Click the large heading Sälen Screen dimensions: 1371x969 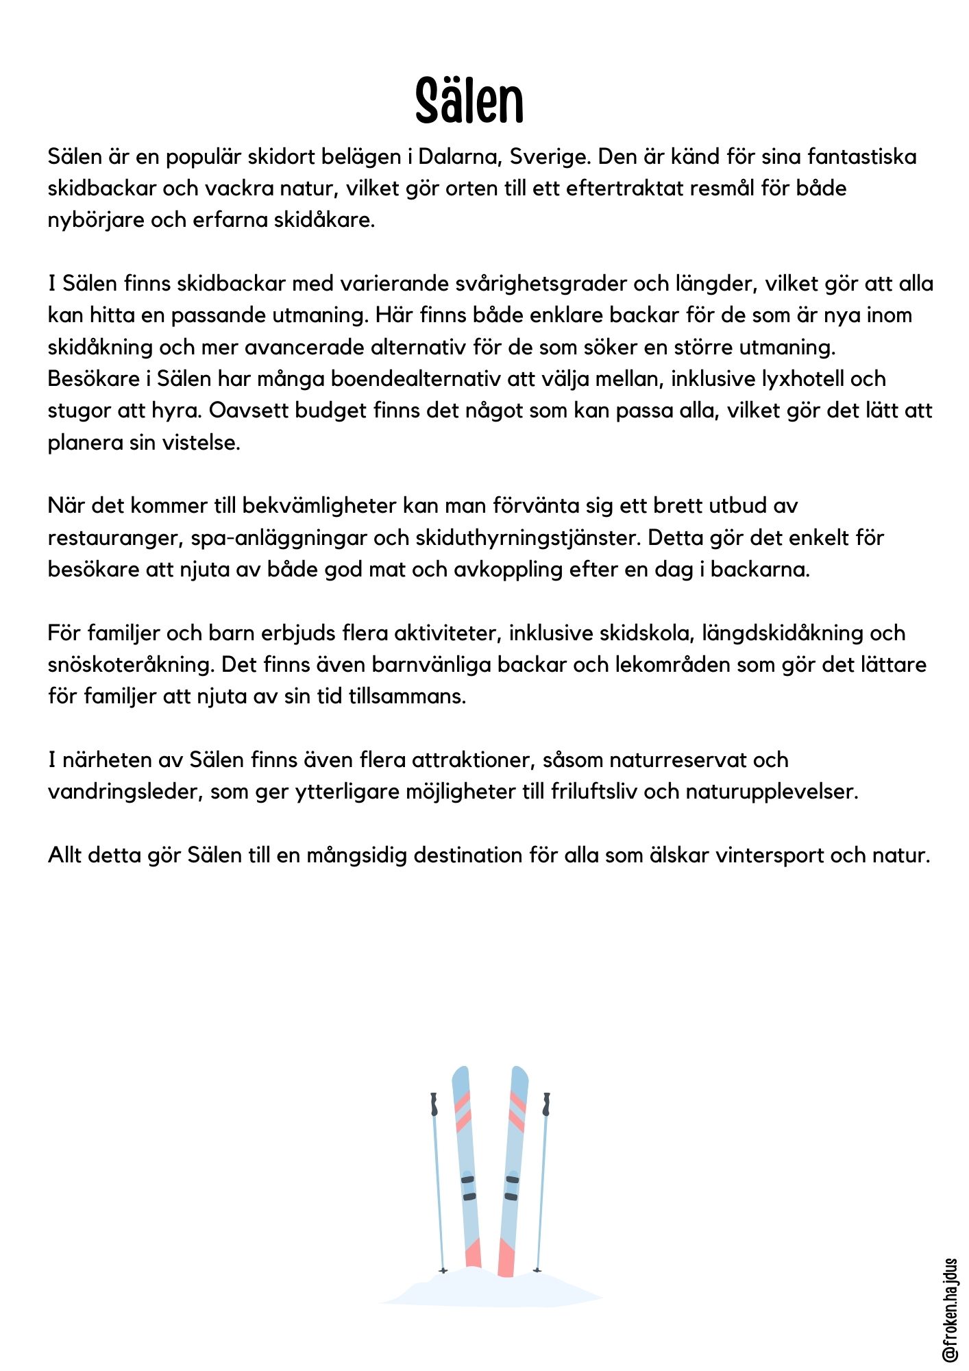469,101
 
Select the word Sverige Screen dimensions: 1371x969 548,157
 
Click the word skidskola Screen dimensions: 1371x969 637,633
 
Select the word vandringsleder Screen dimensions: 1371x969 125,792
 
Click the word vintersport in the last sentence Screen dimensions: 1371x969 770,856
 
